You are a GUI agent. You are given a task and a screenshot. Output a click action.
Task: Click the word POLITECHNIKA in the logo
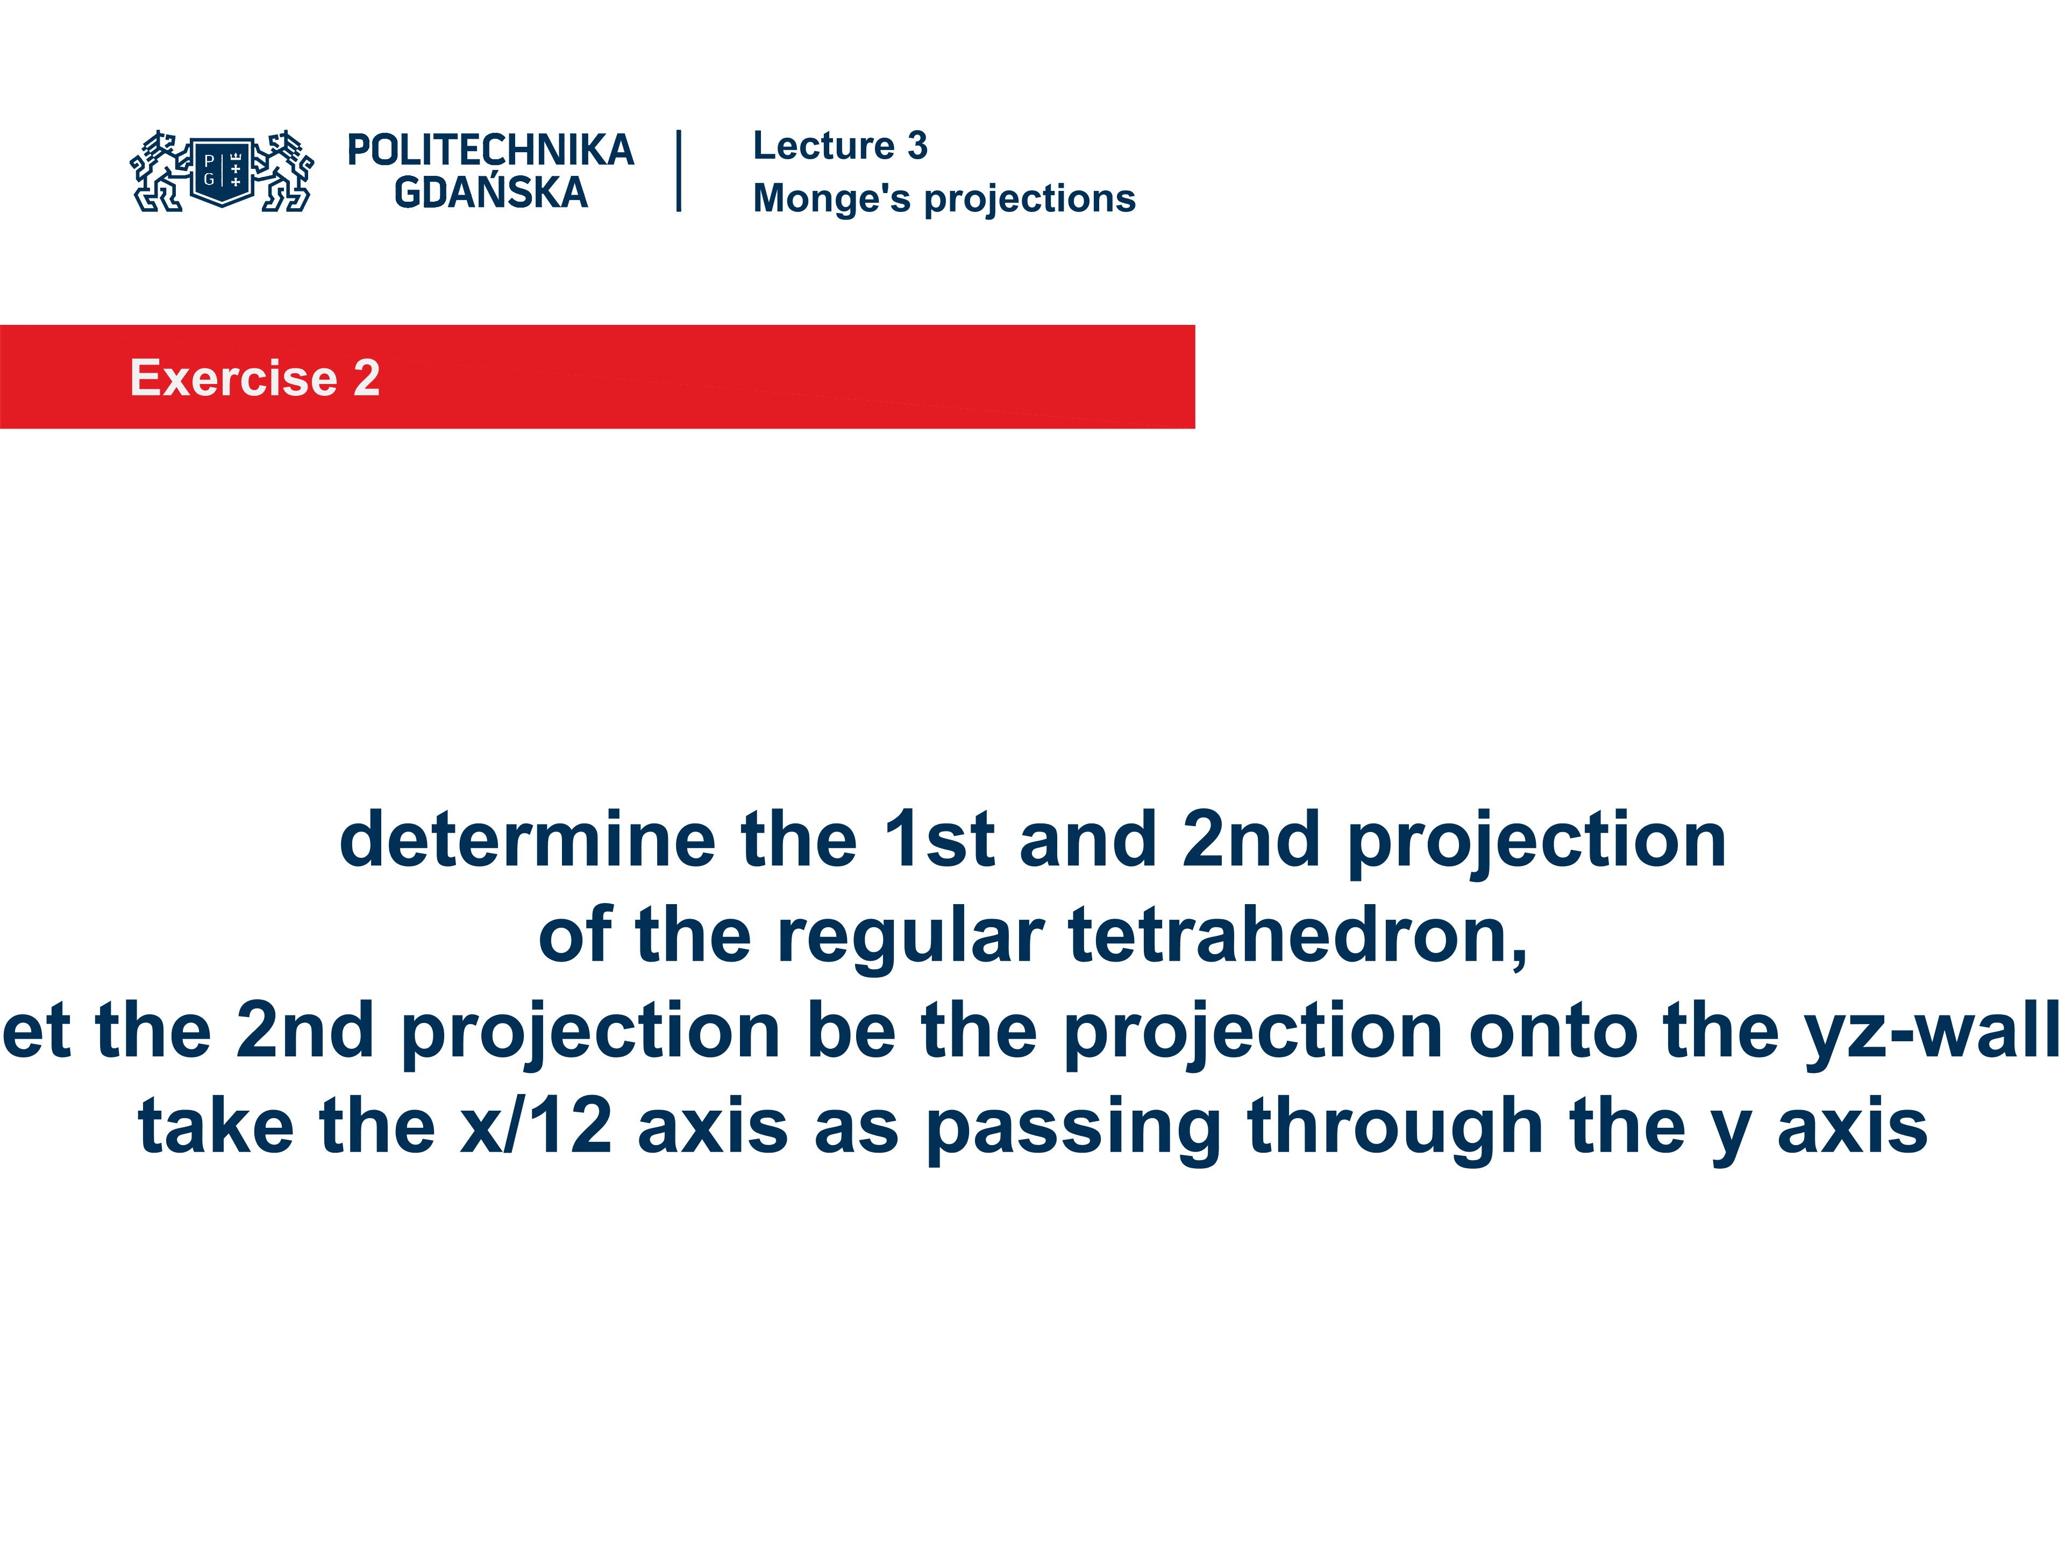point(490,150)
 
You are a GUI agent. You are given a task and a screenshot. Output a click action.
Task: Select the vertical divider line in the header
point(679,171)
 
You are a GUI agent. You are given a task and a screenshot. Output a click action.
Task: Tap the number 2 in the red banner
point(367,378)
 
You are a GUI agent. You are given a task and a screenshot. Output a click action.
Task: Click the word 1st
point(938,840)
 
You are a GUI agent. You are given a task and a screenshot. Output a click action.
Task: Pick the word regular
point(910,936)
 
